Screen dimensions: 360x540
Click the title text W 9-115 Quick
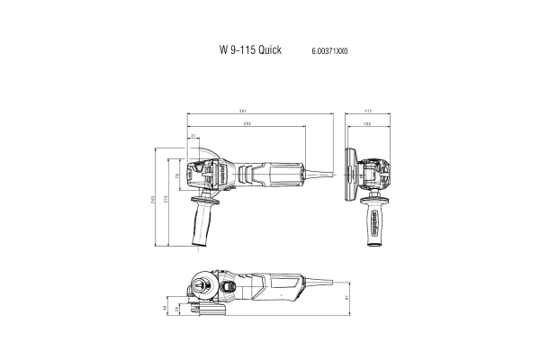pos(249,51)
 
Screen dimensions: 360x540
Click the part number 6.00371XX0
pos(329,52)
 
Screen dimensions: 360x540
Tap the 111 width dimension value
pos(368,112)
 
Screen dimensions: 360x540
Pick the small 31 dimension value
pos(193,136)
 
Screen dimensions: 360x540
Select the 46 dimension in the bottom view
pos(165,308)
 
